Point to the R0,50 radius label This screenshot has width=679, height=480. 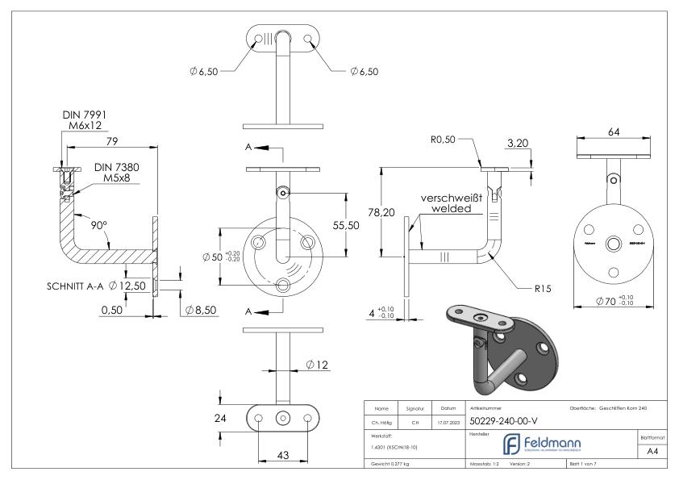click(x=443, y=139)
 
